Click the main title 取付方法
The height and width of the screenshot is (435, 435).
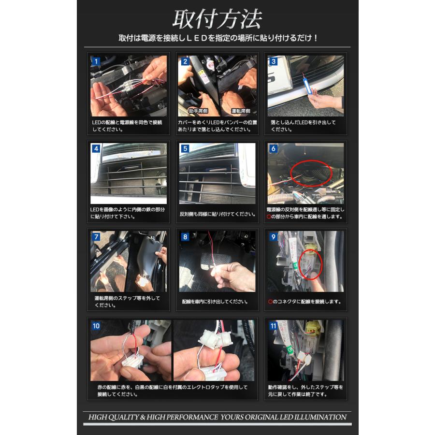coord(217,19)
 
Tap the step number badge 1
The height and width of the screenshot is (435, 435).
coord(96,61)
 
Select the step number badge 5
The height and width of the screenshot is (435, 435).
coord(185,149)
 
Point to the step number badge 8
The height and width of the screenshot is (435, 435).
coord(185,237)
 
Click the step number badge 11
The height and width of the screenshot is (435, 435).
coord(274,326)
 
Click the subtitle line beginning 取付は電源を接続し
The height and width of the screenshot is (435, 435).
coord(217,38)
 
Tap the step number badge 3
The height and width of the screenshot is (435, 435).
coord(274,61)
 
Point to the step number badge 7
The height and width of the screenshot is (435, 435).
coord(96,237)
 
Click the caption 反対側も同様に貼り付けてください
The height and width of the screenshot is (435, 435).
coord(217,214)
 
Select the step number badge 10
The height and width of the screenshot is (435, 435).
coord(96,326)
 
